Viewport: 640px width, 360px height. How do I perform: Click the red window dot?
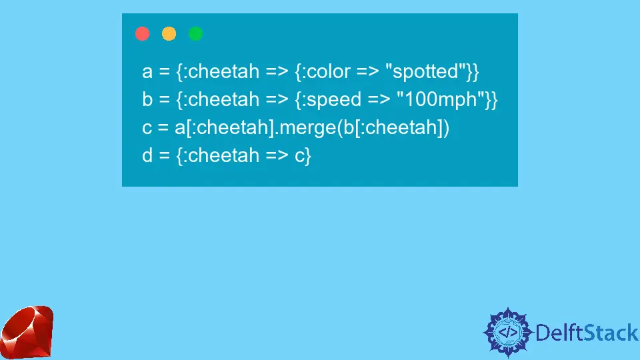click(x=143, y=33)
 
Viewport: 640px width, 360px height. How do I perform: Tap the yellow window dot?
click(x=169, y=33)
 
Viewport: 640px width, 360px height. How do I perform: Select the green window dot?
click(x=195, y=33)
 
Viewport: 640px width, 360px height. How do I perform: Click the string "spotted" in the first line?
click(x=429, y=71)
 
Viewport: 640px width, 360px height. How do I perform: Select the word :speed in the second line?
click(x=332, y=100)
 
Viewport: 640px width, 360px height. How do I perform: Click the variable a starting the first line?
click(x=147, y=72)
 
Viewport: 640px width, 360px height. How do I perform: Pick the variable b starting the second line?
click(x=147, y=99)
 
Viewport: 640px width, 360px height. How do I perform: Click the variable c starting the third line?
click(x=147, y=128)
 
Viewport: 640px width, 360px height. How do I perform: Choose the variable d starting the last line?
click(x=147, y=155)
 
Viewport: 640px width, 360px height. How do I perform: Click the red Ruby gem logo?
click(x=27, y=332)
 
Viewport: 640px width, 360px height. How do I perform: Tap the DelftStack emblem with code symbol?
click(x=508, y=332)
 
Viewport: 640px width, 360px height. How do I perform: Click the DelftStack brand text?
click(x=587, y=333)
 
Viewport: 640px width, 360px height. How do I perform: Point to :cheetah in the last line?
click(x=221, y=155)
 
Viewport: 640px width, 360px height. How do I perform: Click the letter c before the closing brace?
click(x=299, y=156)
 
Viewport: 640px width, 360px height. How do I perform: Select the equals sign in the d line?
click(x=164, y=156)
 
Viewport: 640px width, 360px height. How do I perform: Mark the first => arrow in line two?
click(x=277, y=100)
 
